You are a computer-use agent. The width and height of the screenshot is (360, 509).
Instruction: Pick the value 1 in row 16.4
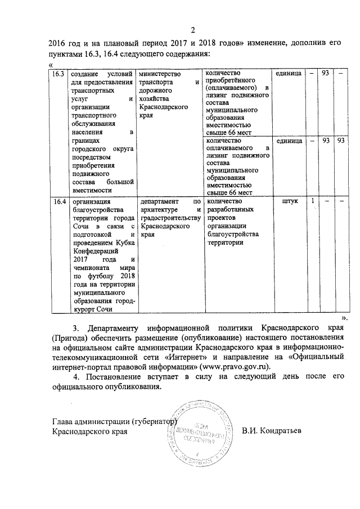pyautogui.click(x=312, y=201)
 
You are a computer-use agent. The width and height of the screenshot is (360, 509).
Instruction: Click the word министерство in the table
pyautogui.click(x=160, y=74)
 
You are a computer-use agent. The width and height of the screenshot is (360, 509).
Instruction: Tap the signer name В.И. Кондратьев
pyautogui.click(x=272, y=431)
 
